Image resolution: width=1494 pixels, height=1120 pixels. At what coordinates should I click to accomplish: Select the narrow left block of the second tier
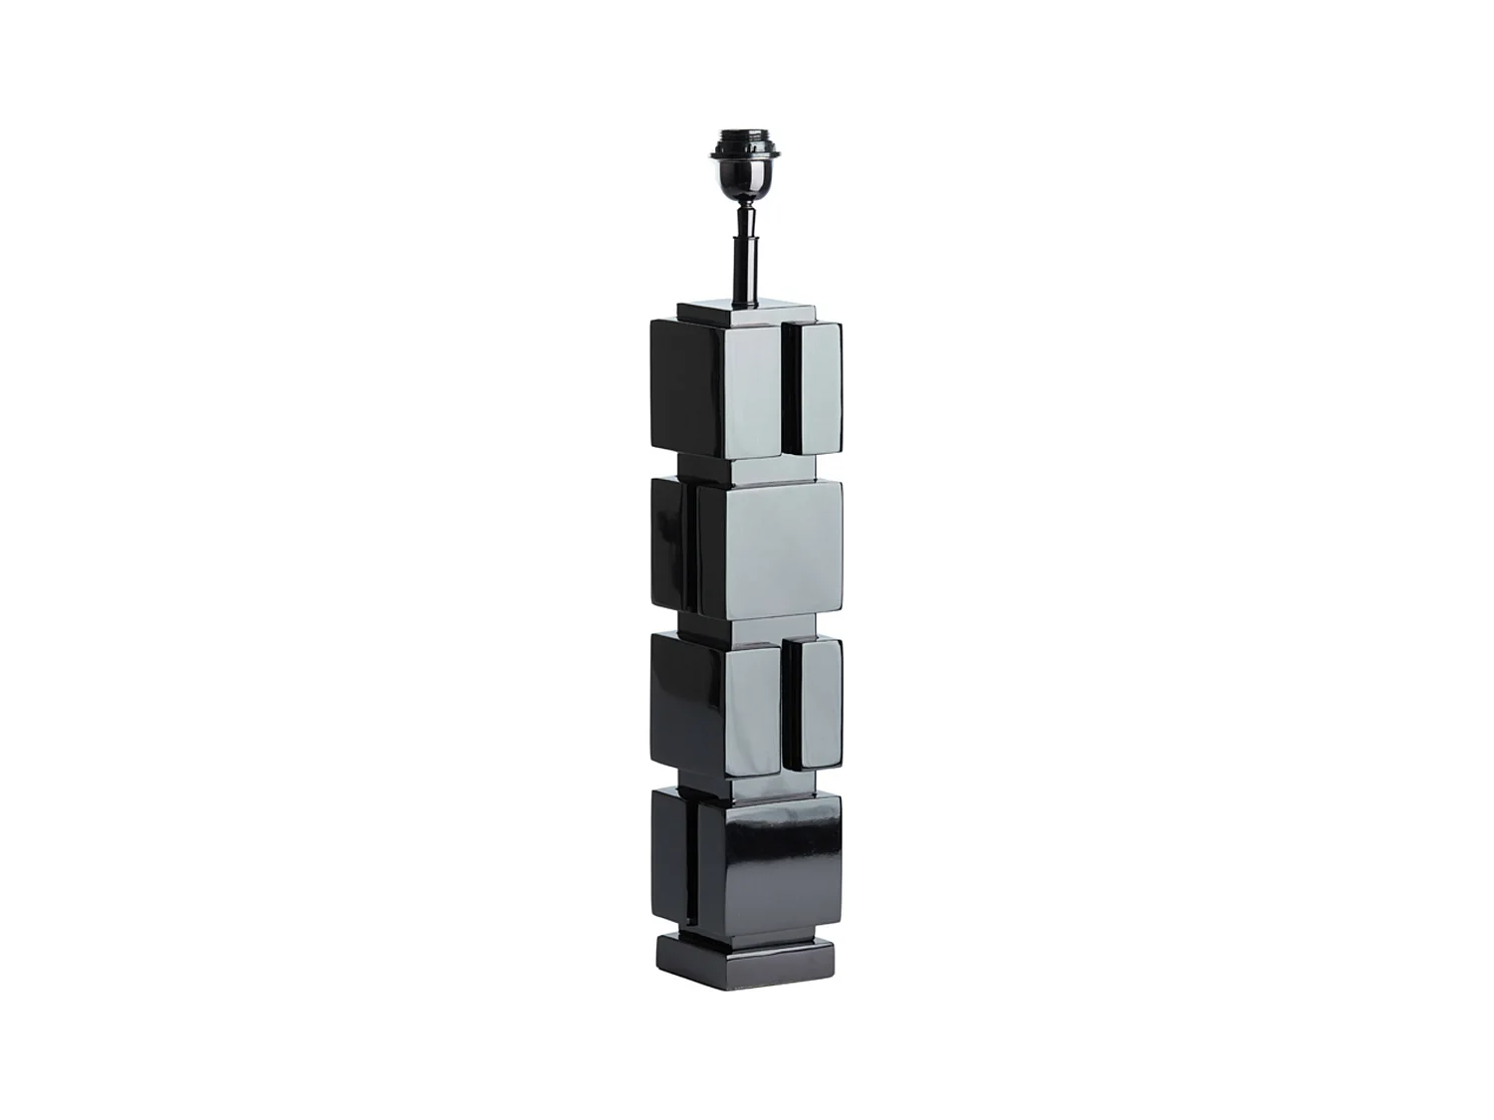tap(668, 543)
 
